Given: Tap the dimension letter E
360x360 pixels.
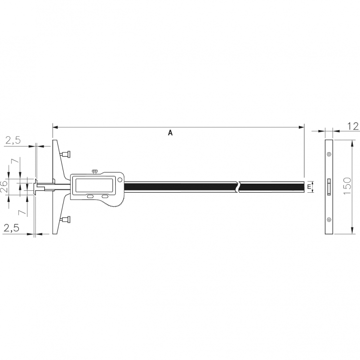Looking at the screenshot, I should (x=308, y=187).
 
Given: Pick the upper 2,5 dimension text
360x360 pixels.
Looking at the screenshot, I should (x=13, y=141).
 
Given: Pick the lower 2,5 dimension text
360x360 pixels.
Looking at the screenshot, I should (x=11, y=228).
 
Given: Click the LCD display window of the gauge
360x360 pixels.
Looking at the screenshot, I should (x=93, y=185).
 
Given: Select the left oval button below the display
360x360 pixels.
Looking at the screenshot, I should (x=90, y=196).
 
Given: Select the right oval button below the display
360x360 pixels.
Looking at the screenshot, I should (x=106, y=196).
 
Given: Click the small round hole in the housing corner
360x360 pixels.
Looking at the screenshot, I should (x=119, y=180).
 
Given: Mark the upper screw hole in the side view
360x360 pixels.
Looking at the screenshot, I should (x=329, y=154).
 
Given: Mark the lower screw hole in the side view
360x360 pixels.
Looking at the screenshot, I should (x=329, y=220).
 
